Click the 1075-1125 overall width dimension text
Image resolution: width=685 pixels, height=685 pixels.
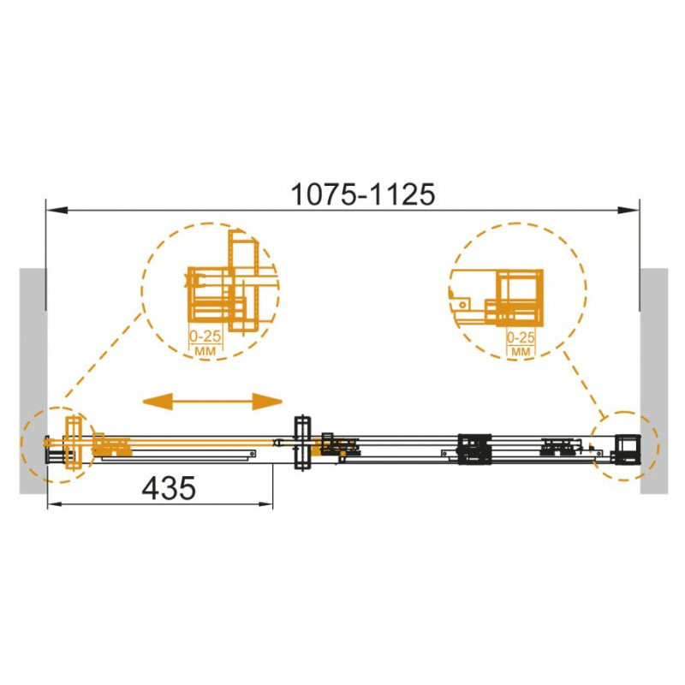click(x=363, y=194)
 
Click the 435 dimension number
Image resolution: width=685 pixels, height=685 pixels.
click(x=169, y=488)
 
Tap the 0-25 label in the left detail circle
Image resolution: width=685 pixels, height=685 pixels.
click(x=205, y=337)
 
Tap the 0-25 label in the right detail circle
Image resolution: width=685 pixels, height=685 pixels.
click(x=521, y=337)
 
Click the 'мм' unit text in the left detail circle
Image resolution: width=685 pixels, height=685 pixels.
click(x=205, y=350)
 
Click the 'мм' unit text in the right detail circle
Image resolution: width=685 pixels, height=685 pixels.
click(x=521, y=351)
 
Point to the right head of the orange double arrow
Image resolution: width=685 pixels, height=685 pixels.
click(x=267, y=401)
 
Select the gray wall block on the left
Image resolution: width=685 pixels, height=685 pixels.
click(x=33, y=381)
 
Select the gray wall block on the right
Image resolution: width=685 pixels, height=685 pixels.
click(x=654, y=381)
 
